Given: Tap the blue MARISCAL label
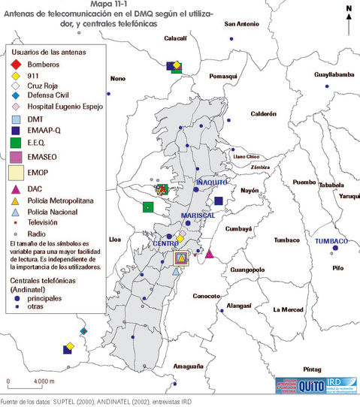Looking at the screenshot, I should point(198,215).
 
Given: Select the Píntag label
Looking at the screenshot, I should point(312,369).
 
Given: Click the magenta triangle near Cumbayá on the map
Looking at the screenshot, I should point(210,255).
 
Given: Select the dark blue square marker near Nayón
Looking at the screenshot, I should point(219,201).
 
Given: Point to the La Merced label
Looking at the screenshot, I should point(288,309).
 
